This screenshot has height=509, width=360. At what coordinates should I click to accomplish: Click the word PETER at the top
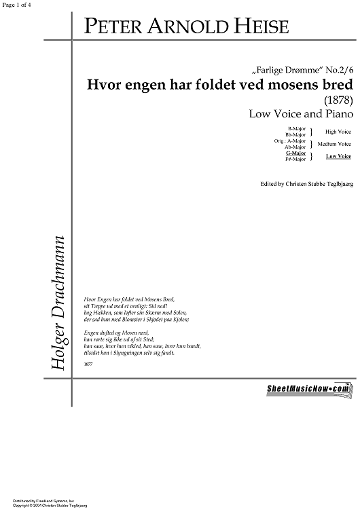tap(111, 26)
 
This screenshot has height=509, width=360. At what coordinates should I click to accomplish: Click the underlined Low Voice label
tap(338, 157)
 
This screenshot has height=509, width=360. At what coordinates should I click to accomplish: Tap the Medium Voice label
tap(336, 144)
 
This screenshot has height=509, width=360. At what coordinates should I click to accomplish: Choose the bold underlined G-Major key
tap(296, 154)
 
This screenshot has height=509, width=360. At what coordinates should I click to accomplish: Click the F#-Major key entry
tap(295, 159)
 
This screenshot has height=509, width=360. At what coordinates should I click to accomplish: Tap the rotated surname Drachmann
tap(58, 276)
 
